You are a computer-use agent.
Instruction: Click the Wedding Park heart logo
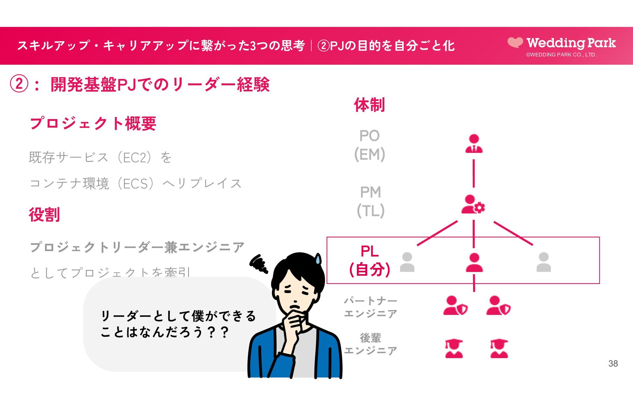click(x=515, y=42)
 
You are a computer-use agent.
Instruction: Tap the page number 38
click(x=613, y=363)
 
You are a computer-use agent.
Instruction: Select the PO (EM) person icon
click(x=474, y=143)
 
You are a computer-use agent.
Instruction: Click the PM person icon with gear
click(x=473, y=205)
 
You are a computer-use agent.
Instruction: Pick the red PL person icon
click(x=474, y=263)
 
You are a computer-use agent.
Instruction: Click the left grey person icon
click(x=407, y=262)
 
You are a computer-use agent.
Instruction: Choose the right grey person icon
click(x=544, y=262)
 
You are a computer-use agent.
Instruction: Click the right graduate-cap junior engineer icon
click(x=499, y=349)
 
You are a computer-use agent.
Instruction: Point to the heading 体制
click(x=369, y=105)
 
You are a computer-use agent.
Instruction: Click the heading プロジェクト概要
click(x=93, y=123)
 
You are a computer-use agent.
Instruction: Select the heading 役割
click(x=44, y=215)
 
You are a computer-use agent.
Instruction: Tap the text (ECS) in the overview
click(x=137, y=183)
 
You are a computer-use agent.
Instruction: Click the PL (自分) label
click(x=370, y=261)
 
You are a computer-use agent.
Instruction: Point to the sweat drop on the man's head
click(x=318, y=259)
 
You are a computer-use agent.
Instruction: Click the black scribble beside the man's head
click(x=259, y=264)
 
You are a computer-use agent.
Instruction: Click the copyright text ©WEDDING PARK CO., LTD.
click(x=561, y=55)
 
